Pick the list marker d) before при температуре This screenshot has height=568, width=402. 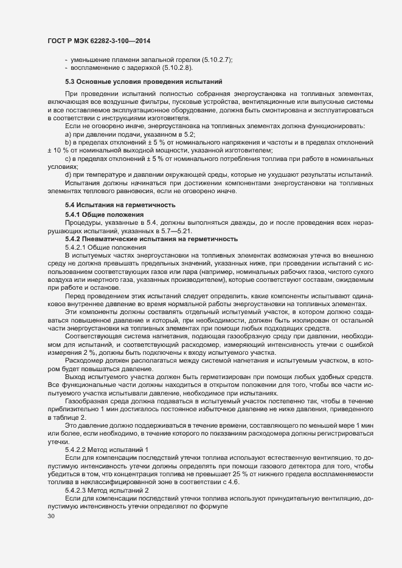click(69, 176)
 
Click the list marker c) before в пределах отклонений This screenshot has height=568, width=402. click(68, 159)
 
